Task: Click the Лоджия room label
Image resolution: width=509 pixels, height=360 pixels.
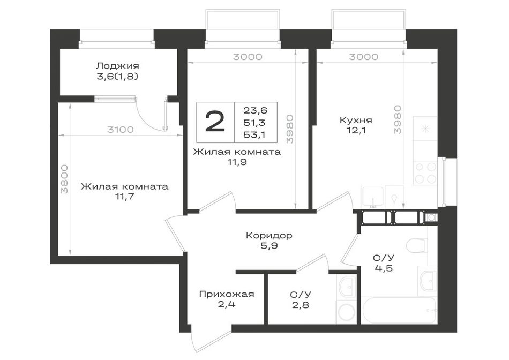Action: coord(117,66)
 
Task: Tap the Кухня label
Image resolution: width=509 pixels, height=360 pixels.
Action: coord(356,121)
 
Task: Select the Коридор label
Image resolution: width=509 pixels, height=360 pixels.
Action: coord(269,235)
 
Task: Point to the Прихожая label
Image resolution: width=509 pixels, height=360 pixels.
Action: coord(227,295)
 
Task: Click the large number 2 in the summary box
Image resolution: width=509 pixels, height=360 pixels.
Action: coord(215,122)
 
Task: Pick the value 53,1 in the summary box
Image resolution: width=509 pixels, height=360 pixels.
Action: coord(255,134)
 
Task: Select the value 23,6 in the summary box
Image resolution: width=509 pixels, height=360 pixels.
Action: coord(255,111)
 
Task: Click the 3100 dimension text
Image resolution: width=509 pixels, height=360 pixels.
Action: coord(120,130)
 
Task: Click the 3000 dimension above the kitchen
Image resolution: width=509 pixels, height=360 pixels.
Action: coord(364,57)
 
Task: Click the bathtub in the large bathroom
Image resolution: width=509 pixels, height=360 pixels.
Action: coord(399,310)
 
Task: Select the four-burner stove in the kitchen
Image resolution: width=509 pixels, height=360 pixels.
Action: coord(425,173)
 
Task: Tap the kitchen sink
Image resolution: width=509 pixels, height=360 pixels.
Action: coord(373,197)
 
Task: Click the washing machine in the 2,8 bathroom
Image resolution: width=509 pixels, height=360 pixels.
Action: coord(347,312)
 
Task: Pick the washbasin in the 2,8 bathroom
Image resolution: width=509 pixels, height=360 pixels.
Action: coord(347,286)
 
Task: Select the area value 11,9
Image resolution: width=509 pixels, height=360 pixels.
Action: coord(237,162)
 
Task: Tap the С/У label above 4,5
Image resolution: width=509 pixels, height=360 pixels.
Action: coord(384,258)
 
